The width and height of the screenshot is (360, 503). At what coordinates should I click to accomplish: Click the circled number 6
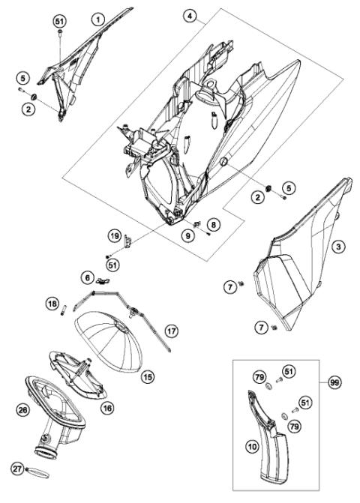coord(87,277)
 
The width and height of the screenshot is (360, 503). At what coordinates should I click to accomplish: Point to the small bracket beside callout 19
coord(129,241)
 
